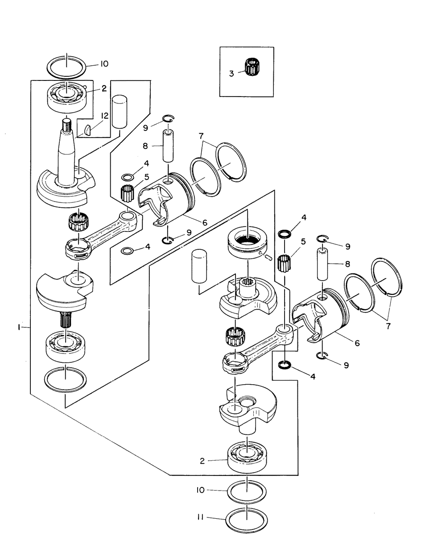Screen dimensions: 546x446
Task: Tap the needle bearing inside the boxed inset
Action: pyautogui.click(x=252, y=67)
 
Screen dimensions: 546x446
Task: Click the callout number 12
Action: pyautogui.click(x=104, y=116)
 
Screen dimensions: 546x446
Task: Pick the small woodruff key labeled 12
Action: pyautogui.click(x=87, y=130)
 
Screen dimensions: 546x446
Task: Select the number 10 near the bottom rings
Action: pyautogui.click(x=201, y=490)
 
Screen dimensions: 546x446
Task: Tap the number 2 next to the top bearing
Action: pyautogui.click(x=104, y=88)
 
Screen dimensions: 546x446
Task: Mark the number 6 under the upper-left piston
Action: pyautogui.click(x=205, y=222)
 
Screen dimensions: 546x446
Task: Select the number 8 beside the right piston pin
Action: pyautogui.click(x=347, y=265)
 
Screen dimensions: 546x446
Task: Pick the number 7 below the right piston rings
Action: pyautogui.click(x=388, y=326)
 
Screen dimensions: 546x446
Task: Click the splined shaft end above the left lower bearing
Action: pyautogui.click(x=66, y=320)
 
